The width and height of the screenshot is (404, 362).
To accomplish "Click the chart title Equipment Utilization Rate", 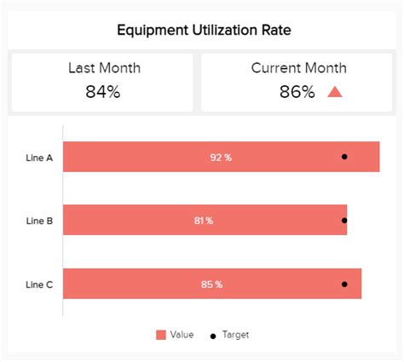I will click(202, 31).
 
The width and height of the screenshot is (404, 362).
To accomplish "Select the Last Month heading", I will click(104, 68).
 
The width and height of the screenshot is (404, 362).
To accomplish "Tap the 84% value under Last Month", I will click(102, 91).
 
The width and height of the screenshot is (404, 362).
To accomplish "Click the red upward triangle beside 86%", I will click(335, 91).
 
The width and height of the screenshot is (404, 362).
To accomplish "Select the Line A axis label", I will click(39, 158).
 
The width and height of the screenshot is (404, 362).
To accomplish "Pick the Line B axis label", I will click(39, 221).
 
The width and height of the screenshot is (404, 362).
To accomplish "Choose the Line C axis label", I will click(39, 284).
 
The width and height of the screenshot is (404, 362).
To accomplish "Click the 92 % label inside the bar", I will click(221, 158).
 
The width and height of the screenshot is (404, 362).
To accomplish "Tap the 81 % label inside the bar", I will click(203, 221).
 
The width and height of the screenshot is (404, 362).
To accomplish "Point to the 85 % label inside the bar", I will click(211, 284).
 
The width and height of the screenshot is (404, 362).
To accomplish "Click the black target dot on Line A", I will click(344, 157).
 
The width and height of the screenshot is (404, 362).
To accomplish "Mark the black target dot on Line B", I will click(344, 221).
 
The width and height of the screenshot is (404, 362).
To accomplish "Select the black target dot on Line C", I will click(344, 284).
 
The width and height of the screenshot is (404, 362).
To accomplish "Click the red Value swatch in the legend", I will click(160, 335).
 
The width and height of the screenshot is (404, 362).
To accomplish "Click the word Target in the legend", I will click(235, 335).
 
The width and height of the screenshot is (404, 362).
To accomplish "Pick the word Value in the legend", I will click(182, 335).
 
